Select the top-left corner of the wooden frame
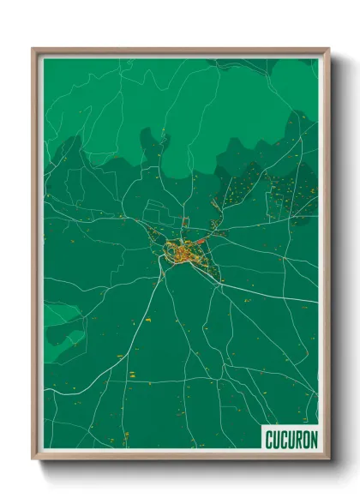[33, 50]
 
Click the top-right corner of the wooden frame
[327, 50]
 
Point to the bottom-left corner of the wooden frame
[33, 459]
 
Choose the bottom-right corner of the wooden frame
[327, 459]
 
